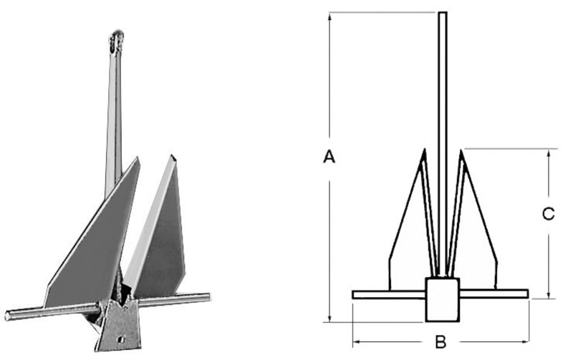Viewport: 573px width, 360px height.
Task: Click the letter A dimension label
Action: (329, 157)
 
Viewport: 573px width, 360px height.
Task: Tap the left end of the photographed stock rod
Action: (9, 316)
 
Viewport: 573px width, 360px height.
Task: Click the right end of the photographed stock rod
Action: (207, 296)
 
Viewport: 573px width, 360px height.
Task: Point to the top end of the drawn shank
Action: (443, 13)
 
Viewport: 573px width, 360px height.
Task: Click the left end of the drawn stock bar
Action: (355, 293)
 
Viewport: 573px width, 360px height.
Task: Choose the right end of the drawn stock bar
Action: (527, 293)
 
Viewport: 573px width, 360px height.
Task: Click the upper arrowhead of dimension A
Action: (329, 16)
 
